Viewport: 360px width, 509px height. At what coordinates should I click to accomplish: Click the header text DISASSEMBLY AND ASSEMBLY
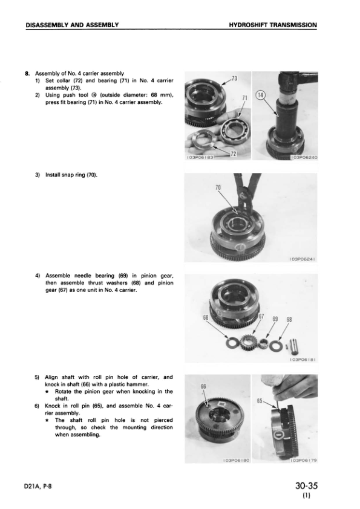click(72, 25)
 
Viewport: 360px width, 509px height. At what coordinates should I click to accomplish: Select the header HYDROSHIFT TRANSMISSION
click(273, 25)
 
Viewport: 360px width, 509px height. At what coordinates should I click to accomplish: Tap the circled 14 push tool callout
click(261, 96)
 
